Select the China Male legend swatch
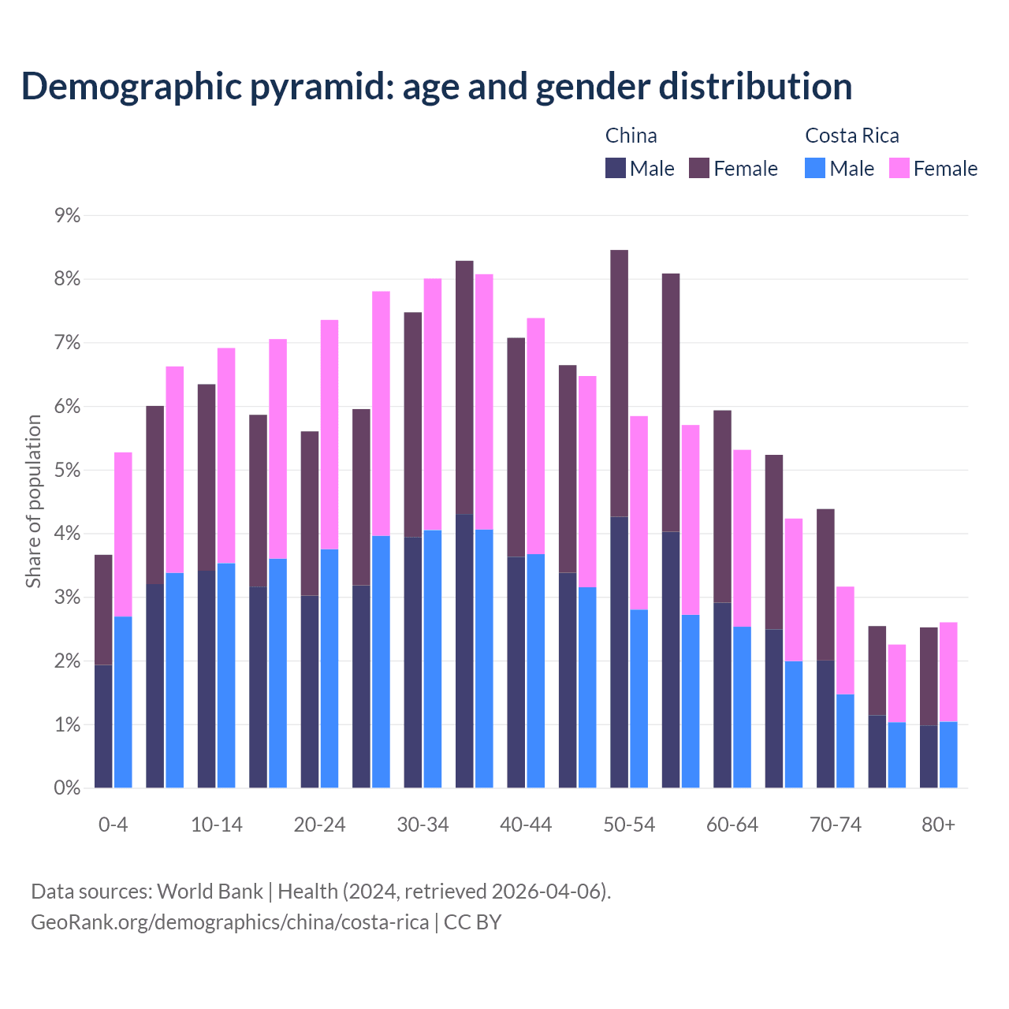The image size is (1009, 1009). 616,168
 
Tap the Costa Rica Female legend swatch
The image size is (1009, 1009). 899,168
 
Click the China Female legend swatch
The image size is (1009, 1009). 699,168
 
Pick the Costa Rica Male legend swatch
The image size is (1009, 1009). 815,168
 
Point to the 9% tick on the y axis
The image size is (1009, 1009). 68,215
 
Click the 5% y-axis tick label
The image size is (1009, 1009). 68,470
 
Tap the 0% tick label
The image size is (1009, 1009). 68,787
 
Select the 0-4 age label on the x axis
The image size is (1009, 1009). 113,825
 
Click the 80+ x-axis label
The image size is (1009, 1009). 938,825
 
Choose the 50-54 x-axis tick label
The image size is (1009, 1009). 629,825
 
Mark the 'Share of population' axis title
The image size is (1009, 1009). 33,501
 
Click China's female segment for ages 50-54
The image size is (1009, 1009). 620,383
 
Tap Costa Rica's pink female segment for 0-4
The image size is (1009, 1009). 123,534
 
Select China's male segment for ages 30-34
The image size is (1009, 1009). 413,662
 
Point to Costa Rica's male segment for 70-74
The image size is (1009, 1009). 845,741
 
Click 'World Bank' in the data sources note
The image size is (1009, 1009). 210,892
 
